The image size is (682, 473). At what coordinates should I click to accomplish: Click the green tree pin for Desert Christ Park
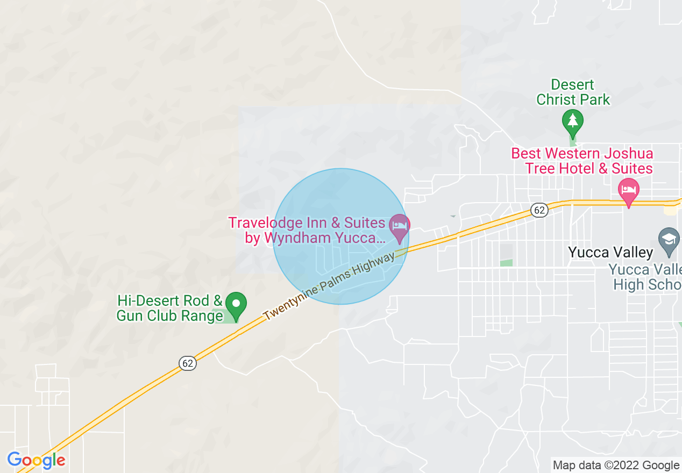[x=573, y=121]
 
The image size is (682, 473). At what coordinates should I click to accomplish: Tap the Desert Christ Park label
[x=573, y=92]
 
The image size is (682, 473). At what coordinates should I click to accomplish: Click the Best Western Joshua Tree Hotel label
[x=581, y=161]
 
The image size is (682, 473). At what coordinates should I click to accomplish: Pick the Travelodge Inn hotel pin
[x=399, y=227]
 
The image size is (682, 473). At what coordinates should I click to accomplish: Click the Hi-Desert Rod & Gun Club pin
[x=236, y=305]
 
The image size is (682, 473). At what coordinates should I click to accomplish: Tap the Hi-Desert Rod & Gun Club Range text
[x=169, y=308]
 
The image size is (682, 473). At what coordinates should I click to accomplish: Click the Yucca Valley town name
[x=611, y=252]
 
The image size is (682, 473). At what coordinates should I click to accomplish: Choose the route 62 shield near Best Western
[x=539, y=210]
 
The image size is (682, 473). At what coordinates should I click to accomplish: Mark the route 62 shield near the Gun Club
[x=187, y=363]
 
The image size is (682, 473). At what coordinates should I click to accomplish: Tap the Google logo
[x=36, y=461]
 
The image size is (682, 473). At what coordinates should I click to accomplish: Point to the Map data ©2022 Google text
[x=616, y=465]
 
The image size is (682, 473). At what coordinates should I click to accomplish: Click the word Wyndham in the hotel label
[x=305, y=238]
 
